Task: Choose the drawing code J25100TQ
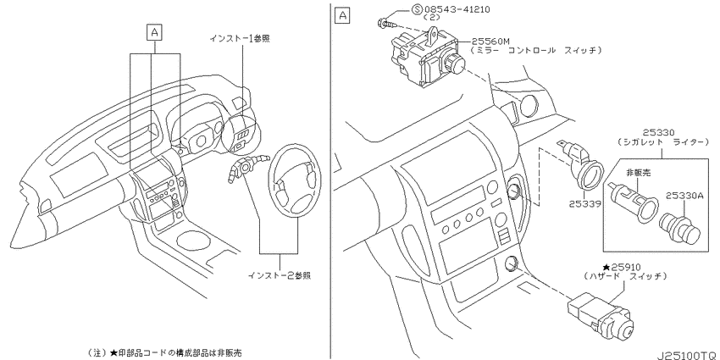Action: pyautogui.click(x=687, y=356)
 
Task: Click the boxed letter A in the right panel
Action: pyautogui.click(x=342, y=16)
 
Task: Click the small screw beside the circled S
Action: pyautogui.click(x=385, y=22)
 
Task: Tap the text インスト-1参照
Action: pyautogui.click(x=239, y=39)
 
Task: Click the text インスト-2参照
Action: pyautogui.click(x=280, y=275)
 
